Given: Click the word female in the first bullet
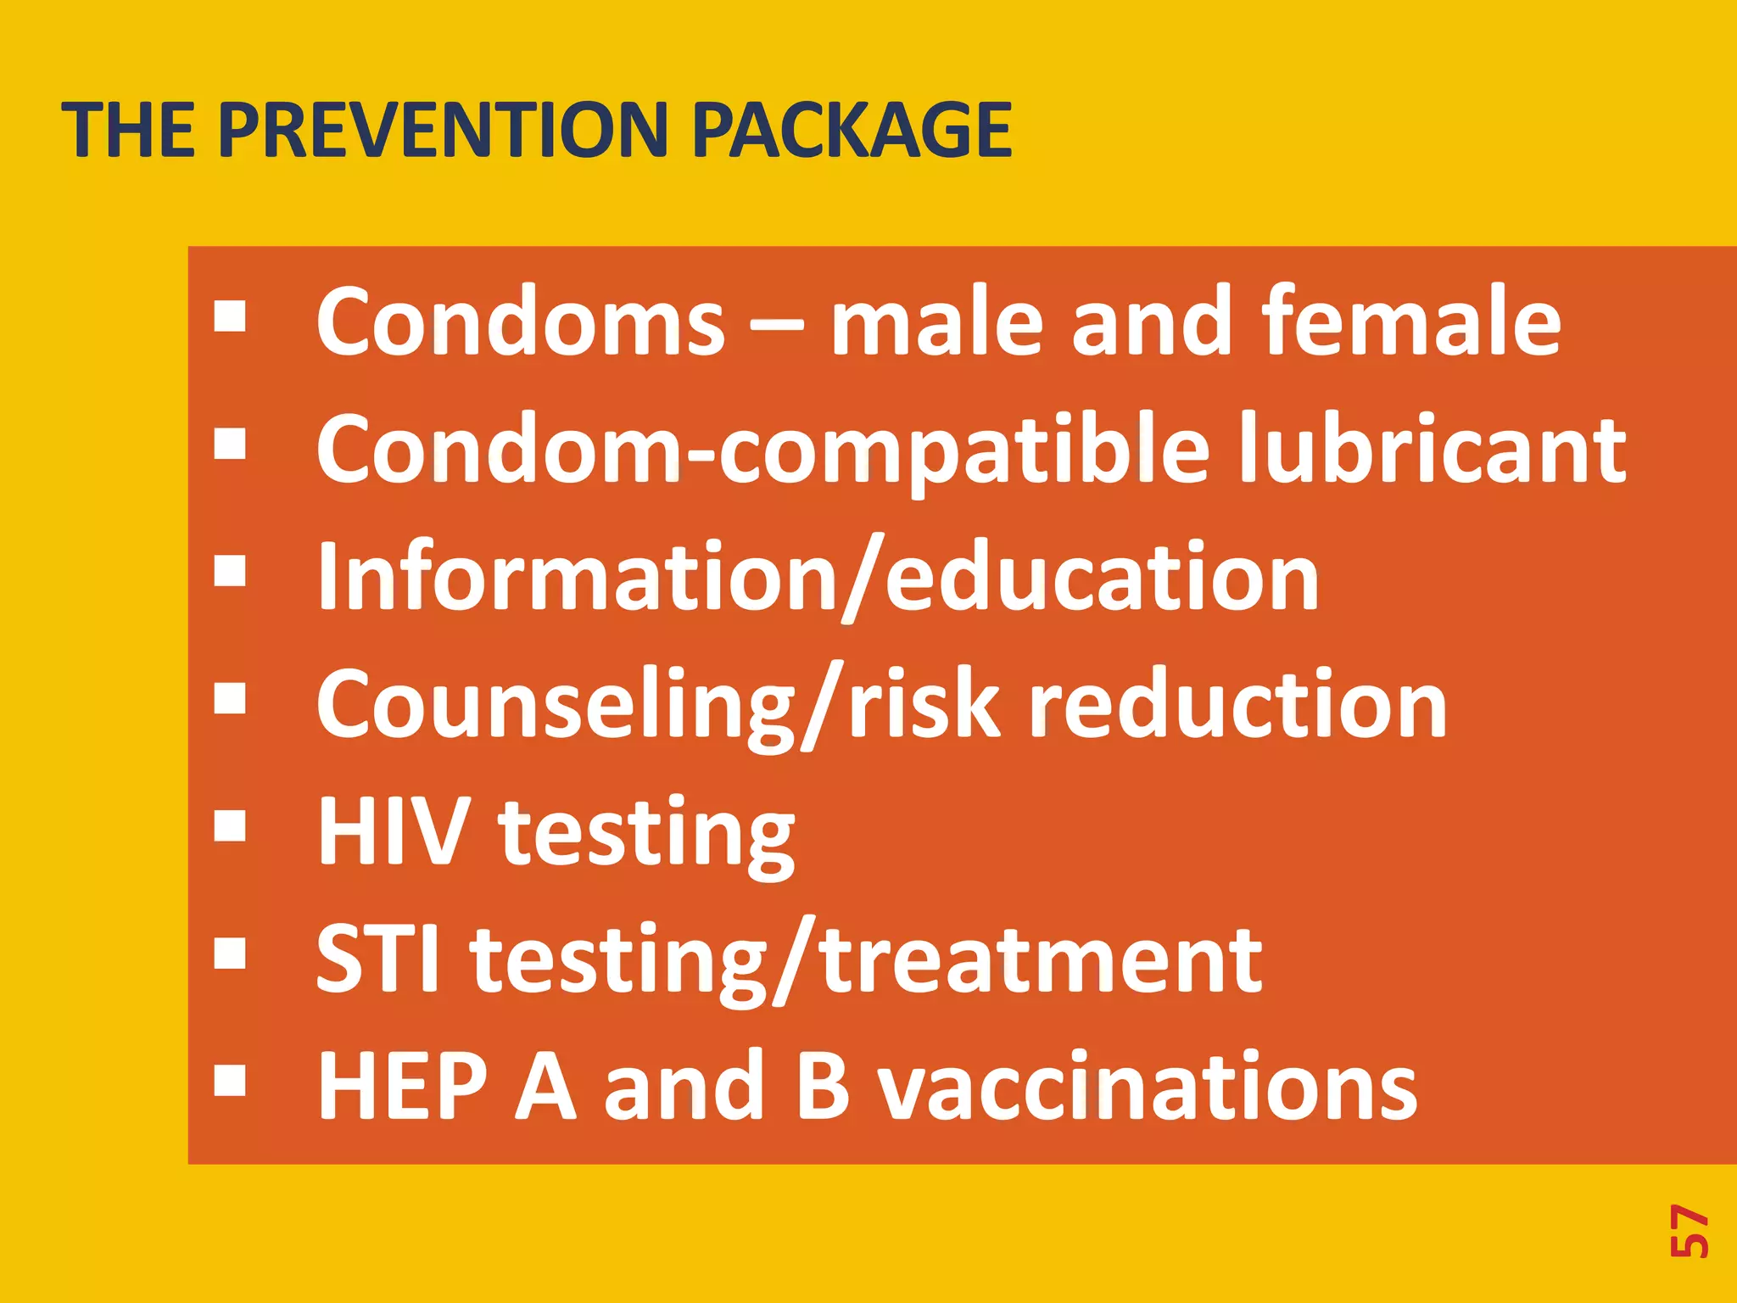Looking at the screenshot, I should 1410,322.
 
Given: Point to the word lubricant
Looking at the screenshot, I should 1431,450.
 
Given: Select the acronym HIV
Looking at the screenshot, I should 394,832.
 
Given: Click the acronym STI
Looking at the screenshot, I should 378,959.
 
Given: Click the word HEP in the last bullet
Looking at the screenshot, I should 403,1087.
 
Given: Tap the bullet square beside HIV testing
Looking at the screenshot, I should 230,825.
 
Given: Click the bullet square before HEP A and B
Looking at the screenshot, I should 230,1081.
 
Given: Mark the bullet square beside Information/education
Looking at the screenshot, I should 230,571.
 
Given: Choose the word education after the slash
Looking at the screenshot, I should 1102,578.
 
